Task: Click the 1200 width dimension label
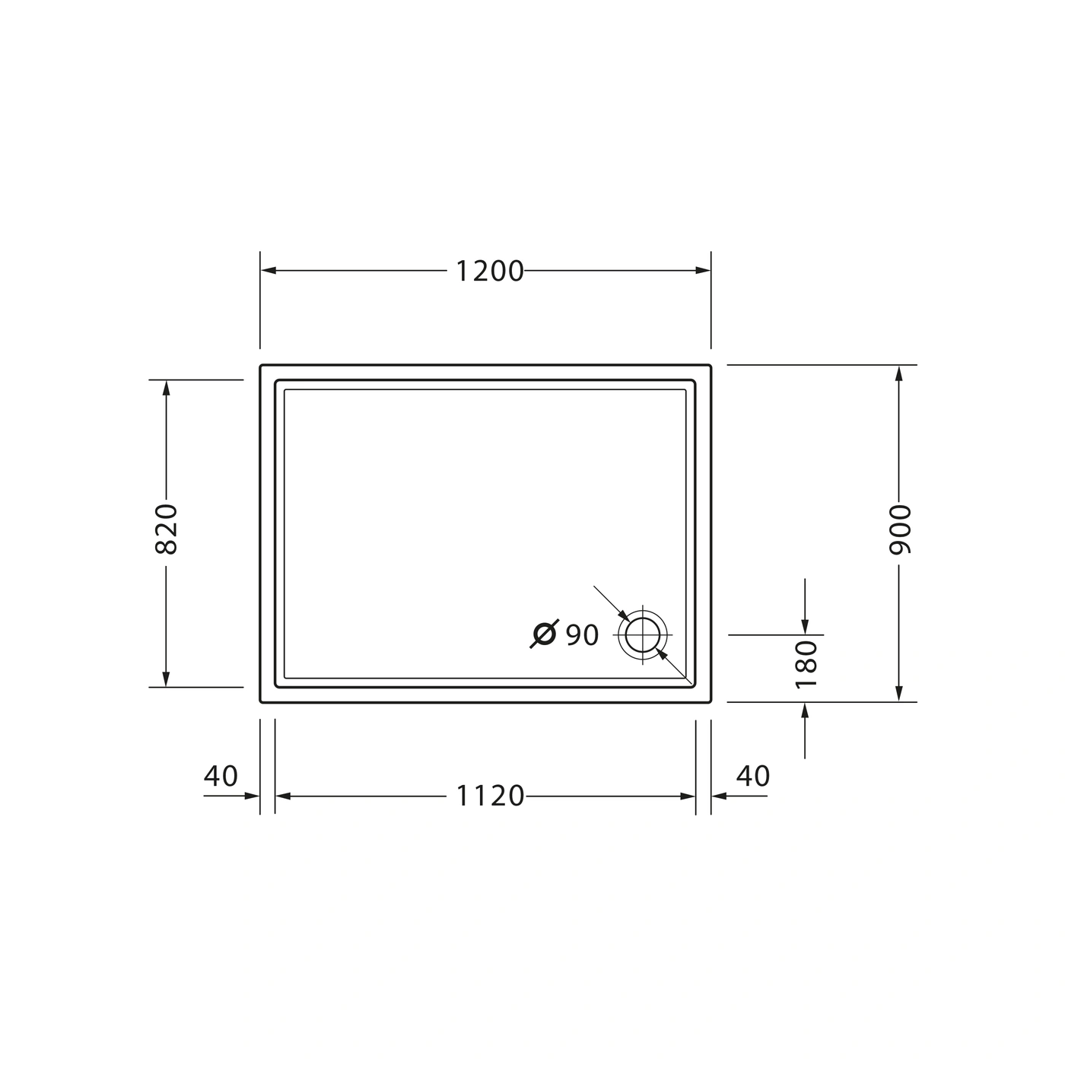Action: click(489, 272)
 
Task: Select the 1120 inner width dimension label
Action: click(490, 796)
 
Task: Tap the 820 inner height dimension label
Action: click(166, 529)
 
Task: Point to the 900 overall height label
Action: click(900, 529)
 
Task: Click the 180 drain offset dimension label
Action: click(806, 665)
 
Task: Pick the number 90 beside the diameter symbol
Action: click(583, 635)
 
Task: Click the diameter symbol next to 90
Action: click(545, 634)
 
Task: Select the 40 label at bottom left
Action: click(221, 776)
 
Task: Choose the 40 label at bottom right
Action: click(753, 776)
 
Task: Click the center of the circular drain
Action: click(642, 635)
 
